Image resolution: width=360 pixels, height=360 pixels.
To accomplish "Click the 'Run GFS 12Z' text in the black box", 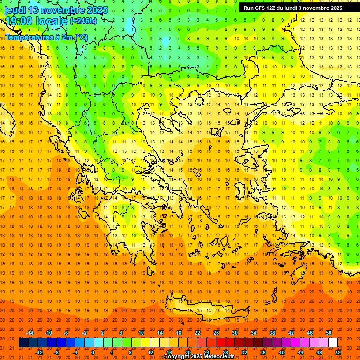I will tap(260, 8).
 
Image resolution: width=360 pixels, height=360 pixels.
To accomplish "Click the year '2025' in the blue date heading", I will tap(97, 9).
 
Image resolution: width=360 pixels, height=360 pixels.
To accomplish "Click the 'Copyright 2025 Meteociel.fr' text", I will tap(199, 357).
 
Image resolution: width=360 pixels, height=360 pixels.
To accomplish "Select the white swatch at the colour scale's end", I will tap(333, 343).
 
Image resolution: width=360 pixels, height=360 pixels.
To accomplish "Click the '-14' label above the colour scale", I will tap(30, 333).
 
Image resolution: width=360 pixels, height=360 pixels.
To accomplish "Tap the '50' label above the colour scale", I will tap(329, 333).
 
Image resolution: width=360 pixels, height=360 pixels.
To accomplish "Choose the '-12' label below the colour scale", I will tap(39, 352).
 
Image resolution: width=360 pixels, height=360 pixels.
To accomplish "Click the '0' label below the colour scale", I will tap(93, 352).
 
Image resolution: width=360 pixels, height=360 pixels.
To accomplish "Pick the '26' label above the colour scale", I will tap(216, 333).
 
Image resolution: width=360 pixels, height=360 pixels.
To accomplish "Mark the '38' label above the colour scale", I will tap(272, 333).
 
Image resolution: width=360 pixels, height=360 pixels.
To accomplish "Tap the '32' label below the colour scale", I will tap(244, 352).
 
